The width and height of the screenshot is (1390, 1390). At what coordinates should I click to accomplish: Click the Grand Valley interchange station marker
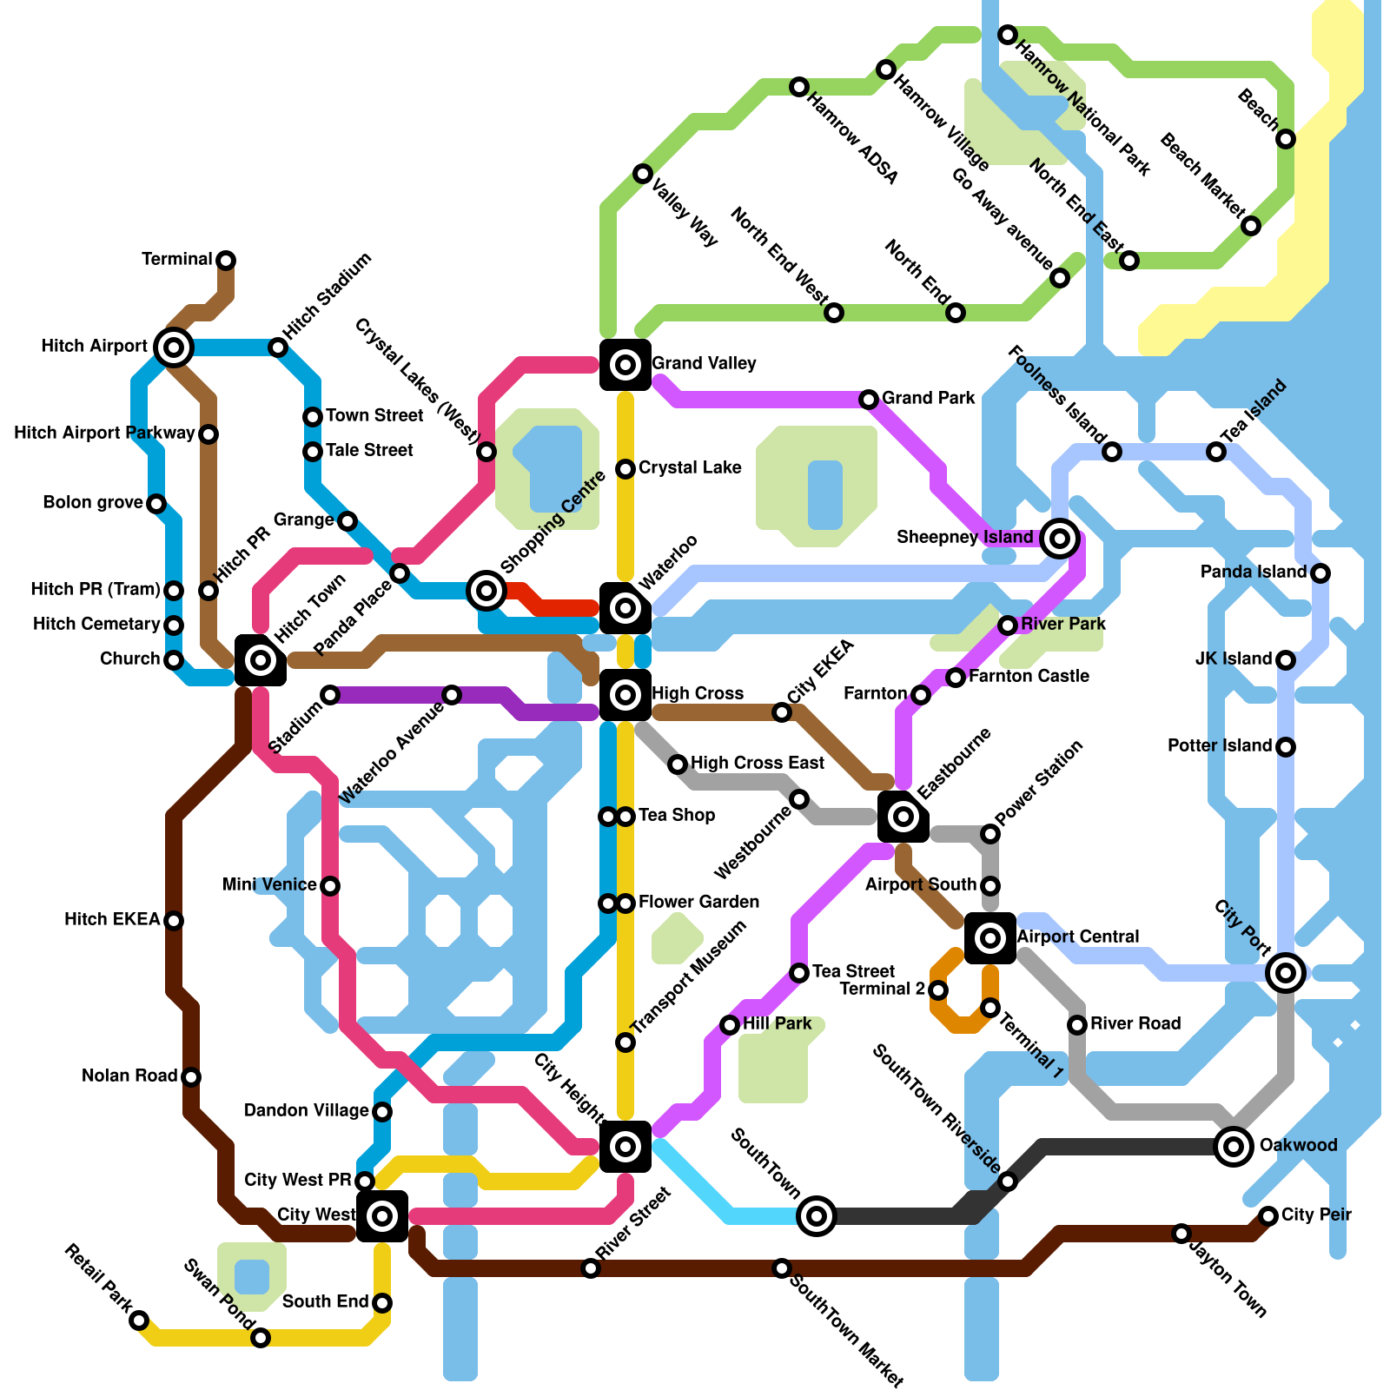(x=625, y=365)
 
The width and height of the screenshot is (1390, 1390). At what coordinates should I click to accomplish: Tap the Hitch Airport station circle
(x=174, y=347)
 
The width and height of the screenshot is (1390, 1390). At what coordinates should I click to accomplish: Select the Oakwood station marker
(x=1234, y=1147)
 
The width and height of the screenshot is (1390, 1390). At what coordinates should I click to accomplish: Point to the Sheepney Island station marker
(x=1059, y=539)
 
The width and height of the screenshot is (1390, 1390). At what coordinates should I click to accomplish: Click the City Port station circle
(x=1286, y=973)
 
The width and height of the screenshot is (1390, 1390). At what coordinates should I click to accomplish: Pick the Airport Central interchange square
(x=990, y=938)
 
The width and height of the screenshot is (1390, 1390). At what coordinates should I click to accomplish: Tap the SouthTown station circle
(x=817, y=1216)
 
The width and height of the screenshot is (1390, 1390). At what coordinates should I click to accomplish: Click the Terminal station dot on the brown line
(x=226, y=261)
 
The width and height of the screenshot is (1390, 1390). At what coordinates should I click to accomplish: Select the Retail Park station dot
(x=139, y=1320)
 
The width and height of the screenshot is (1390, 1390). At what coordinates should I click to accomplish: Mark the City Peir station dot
(x=1268, y=1215)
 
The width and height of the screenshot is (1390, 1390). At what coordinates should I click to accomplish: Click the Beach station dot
(x=1286, y=139)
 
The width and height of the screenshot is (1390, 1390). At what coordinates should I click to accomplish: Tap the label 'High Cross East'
(x=758, y=763)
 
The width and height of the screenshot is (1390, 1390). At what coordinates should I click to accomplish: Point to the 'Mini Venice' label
(x=269, y=884)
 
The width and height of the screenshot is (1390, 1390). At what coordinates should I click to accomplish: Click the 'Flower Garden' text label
(x=698, y=902)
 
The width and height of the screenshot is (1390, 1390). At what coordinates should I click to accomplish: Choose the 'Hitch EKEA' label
(x=112, y=919)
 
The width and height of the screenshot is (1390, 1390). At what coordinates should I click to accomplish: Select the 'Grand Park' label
(x=929, y=398)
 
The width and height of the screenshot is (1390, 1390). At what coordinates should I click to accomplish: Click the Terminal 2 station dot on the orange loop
(x=938, y=990)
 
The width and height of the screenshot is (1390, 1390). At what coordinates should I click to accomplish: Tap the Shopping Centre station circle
(x=486, y=591)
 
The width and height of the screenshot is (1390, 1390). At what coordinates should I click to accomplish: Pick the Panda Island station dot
(x=1320, y=573)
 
